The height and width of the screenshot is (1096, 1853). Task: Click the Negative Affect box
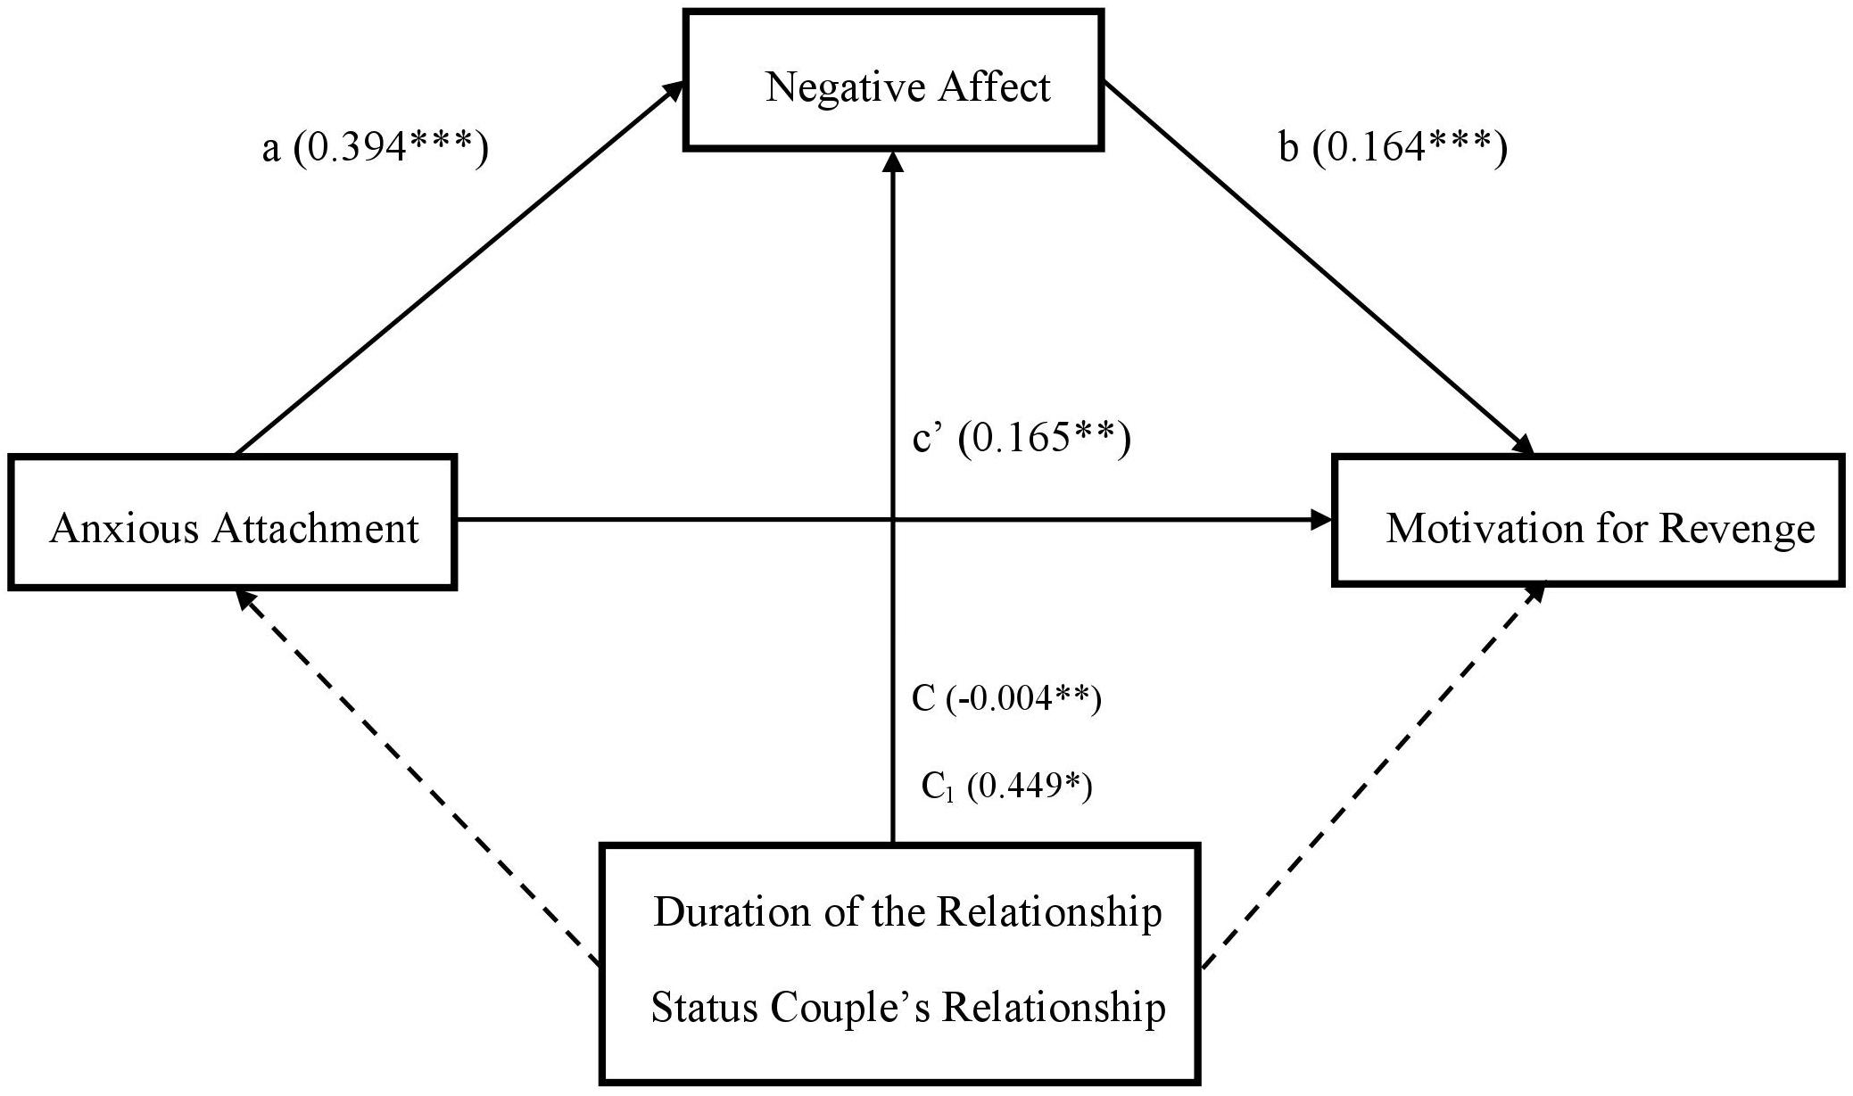click(x=894, y=80)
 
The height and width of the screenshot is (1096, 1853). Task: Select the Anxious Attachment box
click(x=233, y=522)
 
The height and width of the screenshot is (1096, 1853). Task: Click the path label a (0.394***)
click(x=375, y=148)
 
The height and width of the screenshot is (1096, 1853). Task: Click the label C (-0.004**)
click(x=1006, y=698)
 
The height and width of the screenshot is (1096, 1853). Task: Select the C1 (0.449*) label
click(x=1006, y=786)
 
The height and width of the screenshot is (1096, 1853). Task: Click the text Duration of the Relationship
click(x=907, y=912)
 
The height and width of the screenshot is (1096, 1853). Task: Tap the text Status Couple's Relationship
click(x=908, y=1008)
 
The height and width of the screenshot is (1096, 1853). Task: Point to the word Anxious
click(x=124, y=528)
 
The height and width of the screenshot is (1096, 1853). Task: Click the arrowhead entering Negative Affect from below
click(x=893, y=161)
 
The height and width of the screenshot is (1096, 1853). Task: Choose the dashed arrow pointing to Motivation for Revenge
click(x=1375, y=774)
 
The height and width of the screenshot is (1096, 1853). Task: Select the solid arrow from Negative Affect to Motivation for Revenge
click(x=1319, y=268)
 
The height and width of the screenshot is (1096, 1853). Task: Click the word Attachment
click(x=315, y=528)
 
